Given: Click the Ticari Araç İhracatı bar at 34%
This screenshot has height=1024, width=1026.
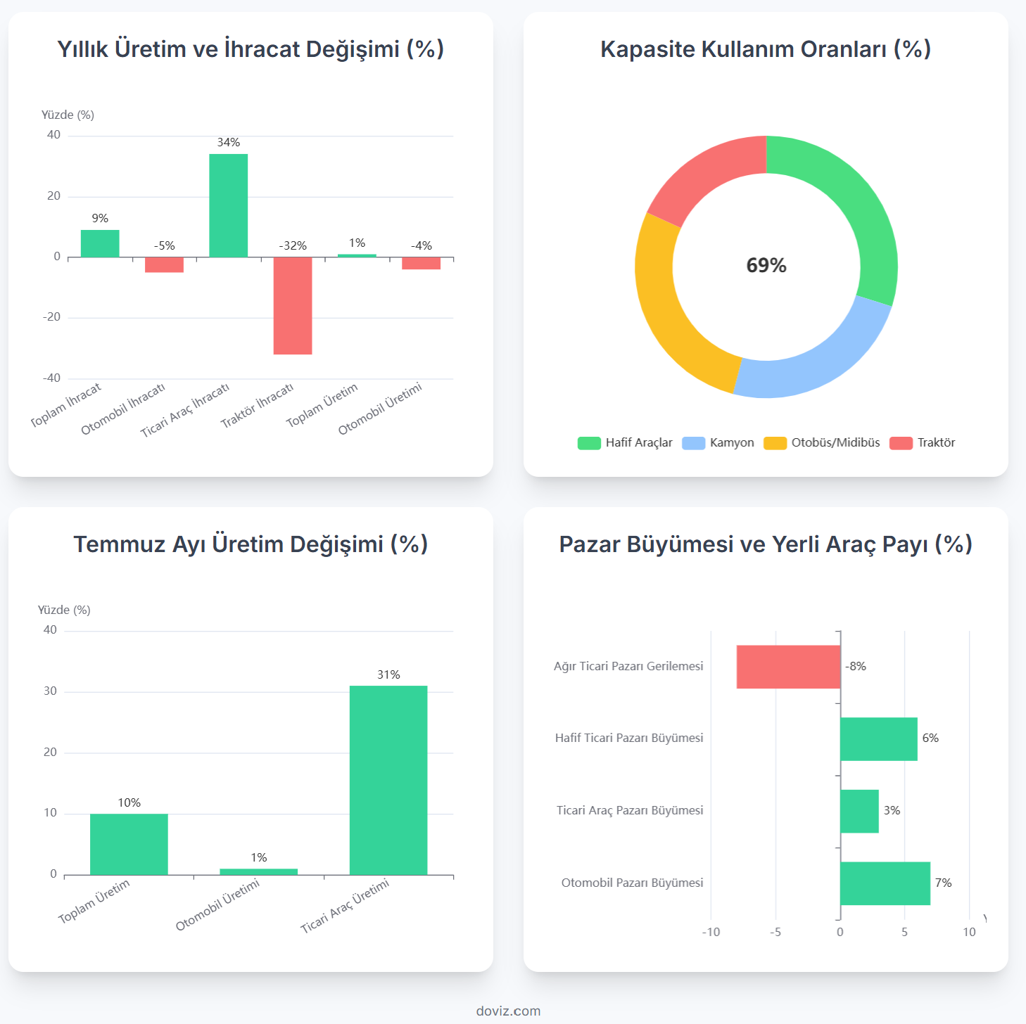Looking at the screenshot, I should pos(228,205).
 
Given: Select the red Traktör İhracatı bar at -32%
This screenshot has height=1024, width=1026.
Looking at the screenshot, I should pos(293,305).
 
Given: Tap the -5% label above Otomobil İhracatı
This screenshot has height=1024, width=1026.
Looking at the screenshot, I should pos(164,245).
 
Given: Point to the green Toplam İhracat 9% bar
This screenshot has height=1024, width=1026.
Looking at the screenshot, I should pos(100,243).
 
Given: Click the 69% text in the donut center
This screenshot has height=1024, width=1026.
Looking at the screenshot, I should pos(766,265).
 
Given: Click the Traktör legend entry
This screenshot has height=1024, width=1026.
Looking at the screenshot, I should pos(923,442).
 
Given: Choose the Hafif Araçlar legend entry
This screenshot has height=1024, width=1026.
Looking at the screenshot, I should pos(625,442).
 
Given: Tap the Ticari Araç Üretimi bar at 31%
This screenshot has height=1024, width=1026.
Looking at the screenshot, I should pos(388,780).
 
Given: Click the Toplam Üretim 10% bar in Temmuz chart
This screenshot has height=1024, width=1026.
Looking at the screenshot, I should pos(129,844).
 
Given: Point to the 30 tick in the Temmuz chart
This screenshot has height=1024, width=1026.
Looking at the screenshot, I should pos(50,691).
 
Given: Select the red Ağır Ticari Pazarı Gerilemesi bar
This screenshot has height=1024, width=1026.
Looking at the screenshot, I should pos(788,667).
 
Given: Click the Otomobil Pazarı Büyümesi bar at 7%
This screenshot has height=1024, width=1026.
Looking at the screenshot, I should pos(885,883).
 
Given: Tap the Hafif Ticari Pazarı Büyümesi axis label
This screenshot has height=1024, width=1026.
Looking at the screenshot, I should pos(629,738).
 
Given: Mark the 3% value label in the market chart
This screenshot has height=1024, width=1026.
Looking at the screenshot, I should pos(892,810).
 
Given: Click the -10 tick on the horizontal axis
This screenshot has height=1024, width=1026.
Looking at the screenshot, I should pos(711,932).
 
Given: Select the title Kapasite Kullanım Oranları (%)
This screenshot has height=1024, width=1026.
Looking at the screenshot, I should pos(766,49).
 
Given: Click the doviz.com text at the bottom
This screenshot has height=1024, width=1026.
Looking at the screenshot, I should pos(508,1011).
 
